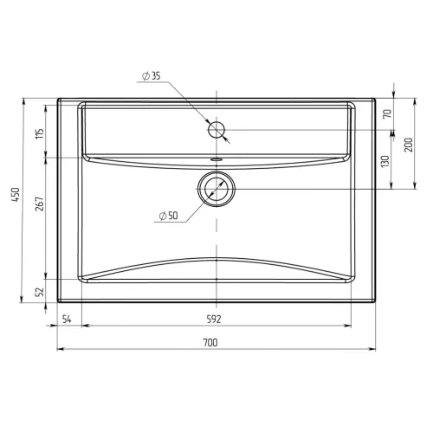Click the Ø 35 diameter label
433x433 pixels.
tap(152, 76)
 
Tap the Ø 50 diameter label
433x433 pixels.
tap(169, 216)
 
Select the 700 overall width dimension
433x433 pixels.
tap(210, 343)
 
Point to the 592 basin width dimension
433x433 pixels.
tap(214, 319)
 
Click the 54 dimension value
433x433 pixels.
tap(67, 320)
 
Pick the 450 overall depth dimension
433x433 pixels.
tap(16, 195)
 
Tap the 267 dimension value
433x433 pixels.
tap(40, 204)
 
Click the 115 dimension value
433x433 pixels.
tap(40, 133)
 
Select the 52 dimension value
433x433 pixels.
tap(40, 292)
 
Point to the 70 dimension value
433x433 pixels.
tap(388, 113)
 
